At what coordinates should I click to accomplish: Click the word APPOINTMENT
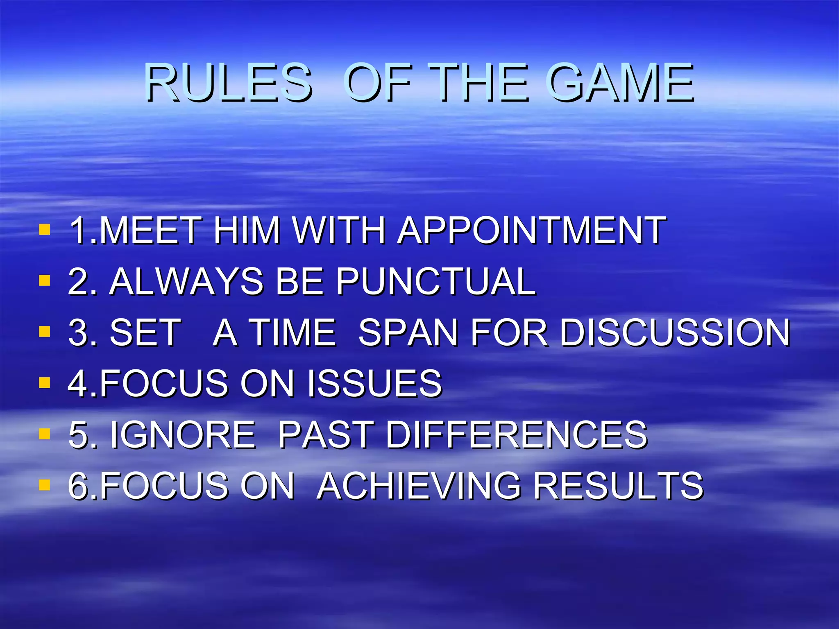point(532,230)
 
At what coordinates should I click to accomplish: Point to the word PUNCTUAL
point(436,281)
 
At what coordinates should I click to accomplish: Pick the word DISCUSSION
point(675,332)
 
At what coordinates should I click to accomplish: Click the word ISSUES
point(374,383)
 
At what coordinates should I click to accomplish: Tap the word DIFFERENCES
point(516,434)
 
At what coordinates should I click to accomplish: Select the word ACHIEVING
point(419,486)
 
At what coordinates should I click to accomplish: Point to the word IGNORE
point(183,434)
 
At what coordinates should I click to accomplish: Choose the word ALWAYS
point(186,281)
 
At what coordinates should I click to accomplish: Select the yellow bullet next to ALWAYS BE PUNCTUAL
point(44,281)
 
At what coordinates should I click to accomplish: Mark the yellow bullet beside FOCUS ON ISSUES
point(44,382)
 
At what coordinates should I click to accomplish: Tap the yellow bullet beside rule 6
point(44,485)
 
